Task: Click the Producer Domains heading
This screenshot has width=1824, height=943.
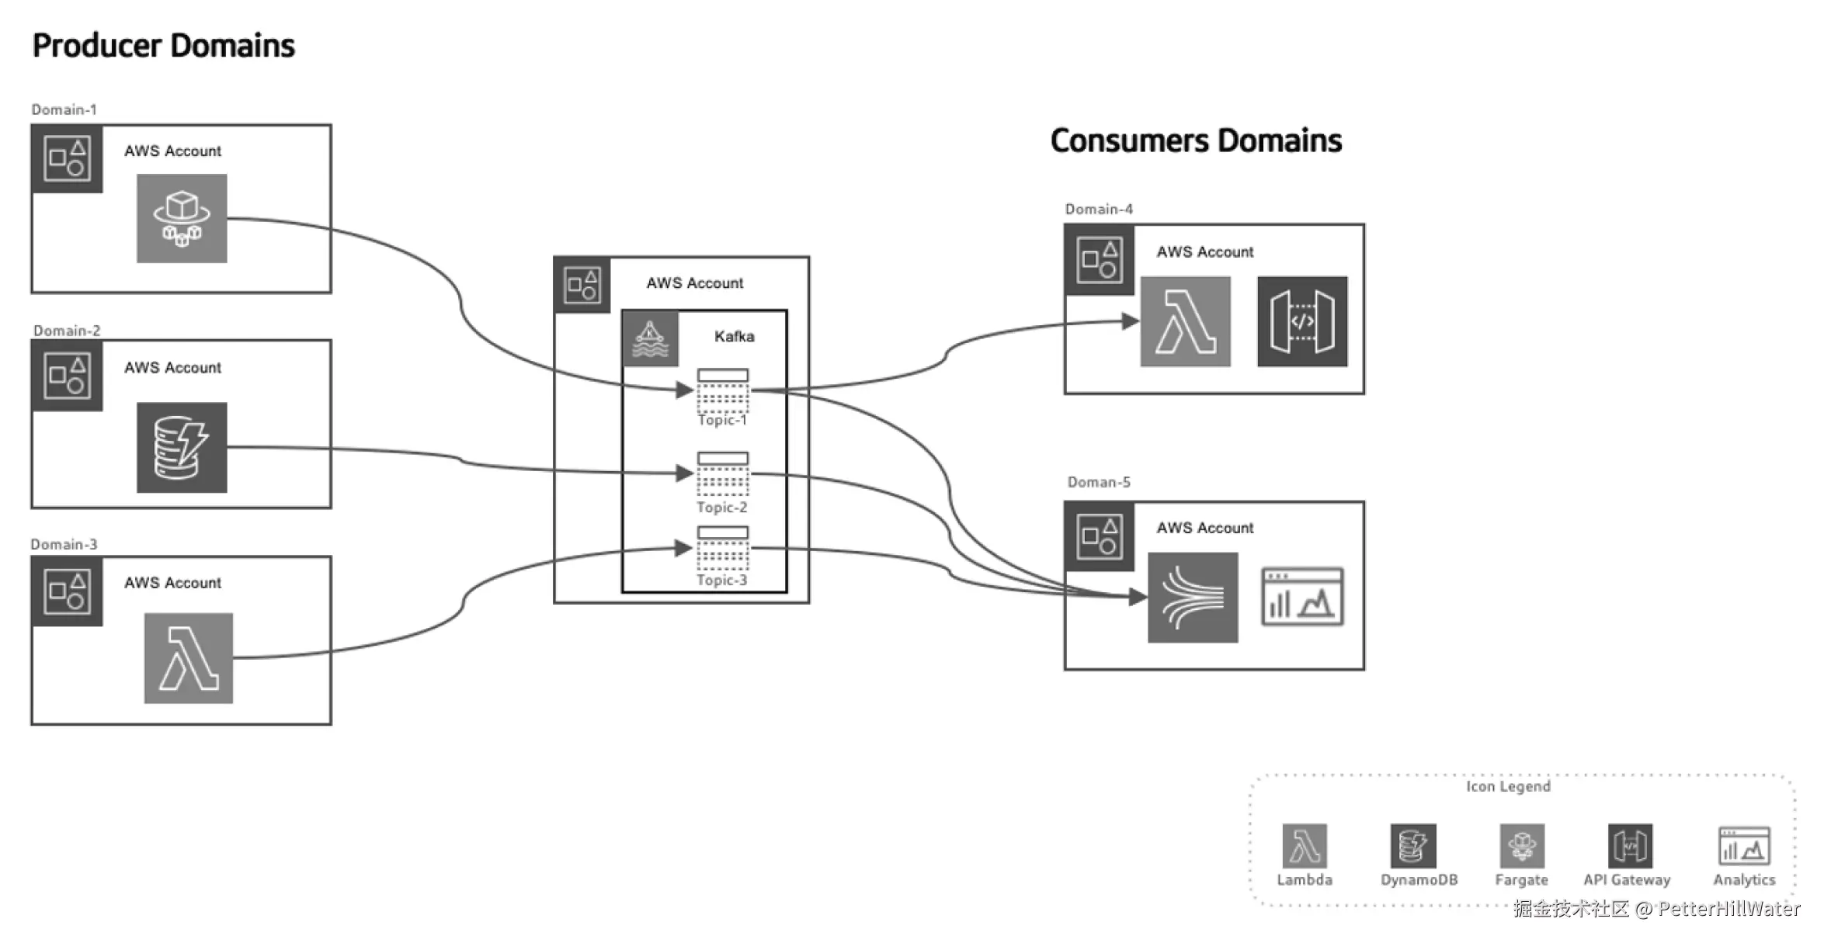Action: (x=163, y=46)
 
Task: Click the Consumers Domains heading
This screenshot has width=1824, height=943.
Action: (x=1196, y=140)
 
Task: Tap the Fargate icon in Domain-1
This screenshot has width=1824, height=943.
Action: (x=182, y=218)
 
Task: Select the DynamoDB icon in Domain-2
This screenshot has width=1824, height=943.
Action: (x=182, y=447)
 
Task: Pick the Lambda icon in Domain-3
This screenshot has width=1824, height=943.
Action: (x=189, y=658)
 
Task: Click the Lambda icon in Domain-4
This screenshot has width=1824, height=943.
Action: (x=1185, y=321)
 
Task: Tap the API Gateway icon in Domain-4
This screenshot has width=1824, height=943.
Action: (x=1302, y=321)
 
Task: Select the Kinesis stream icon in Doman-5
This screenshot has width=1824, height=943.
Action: (x=1193, y=598)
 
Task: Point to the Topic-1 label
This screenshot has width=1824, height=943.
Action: (x=722, y=420)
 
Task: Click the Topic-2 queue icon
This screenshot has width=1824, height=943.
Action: (x=723, y=473)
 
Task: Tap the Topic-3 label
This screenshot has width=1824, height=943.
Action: (x=722, y=581)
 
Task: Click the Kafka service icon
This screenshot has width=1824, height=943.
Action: (x=651, y=338)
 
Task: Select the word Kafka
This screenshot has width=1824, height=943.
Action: (x=735, y=337)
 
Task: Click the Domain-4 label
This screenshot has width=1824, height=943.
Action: (x=1099, y=210)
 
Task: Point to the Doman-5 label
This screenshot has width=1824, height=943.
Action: (x=1099, y=482)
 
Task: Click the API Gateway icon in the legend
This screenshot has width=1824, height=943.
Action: (x=1630, y=846)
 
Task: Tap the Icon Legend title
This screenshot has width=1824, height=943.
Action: (x=1508, y=786)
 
